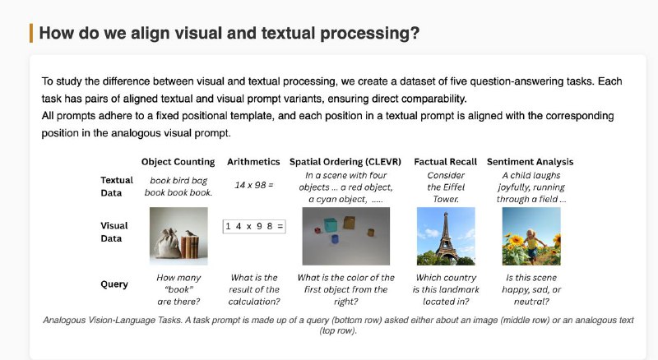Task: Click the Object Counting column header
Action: click(178, 162)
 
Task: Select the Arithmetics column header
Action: click(253, 162)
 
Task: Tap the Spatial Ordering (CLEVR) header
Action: click(345, 162)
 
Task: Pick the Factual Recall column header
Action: click(445, 162)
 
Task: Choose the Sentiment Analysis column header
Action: click(530, 162)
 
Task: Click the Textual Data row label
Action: click(117, 187)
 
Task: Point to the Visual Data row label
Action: click(114, 232)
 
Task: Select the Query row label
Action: click(114, 284)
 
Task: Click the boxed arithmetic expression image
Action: click(254, 227)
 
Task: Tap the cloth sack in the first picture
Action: click(168, 243)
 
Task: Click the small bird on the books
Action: click(190, 233)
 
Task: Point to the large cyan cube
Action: click(331, 225)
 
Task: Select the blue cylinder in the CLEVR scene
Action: click(335, 238)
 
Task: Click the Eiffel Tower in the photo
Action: click(446, 237)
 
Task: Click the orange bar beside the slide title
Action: click(31, 33)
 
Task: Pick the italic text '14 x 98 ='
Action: click(254, 185)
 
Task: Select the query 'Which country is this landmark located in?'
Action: click(446, 289)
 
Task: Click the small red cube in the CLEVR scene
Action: click(317, 230)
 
